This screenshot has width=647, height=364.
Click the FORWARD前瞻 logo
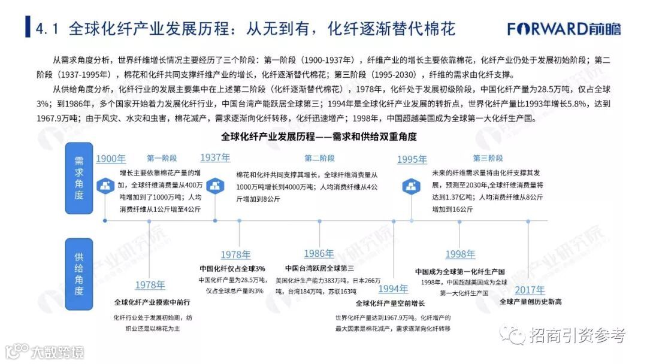click(564, 28)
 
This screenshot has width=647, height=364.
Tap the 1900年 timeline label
click(111, 159)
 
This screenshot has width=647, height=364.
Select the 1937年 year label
click(215, 158)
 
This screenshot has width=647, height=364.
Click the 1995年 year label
click(412, 159)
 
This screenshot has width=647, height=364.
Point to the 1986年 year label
click(319, 253)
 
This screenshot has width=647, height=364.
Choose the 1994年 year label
click(394, 289)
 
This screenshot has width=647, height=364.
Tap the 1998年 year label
click(460, 254)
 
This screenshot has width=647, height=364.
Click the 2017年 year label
click(530, 289)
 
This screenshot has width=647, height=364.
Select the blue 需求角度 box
click(78, 179)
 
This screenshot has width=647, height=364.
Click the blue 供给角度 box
click(78, 274)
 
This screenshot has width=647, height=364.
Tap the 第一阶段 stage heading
click(162, 159)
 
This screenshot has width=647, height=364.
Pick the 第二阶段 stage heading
click(319, 159)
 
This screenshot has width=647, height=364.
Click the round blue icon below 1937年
click(215, 185)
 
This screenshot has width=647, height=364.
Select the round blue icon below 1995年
click(412, 185)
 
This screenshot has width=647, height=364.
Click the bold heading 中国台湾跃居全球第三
click(319, 268)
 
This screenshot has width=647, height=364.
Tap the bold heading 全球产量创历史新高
click(530, 302)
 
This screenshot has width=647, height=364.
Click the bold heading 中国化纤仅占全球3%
click(232, 268)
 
